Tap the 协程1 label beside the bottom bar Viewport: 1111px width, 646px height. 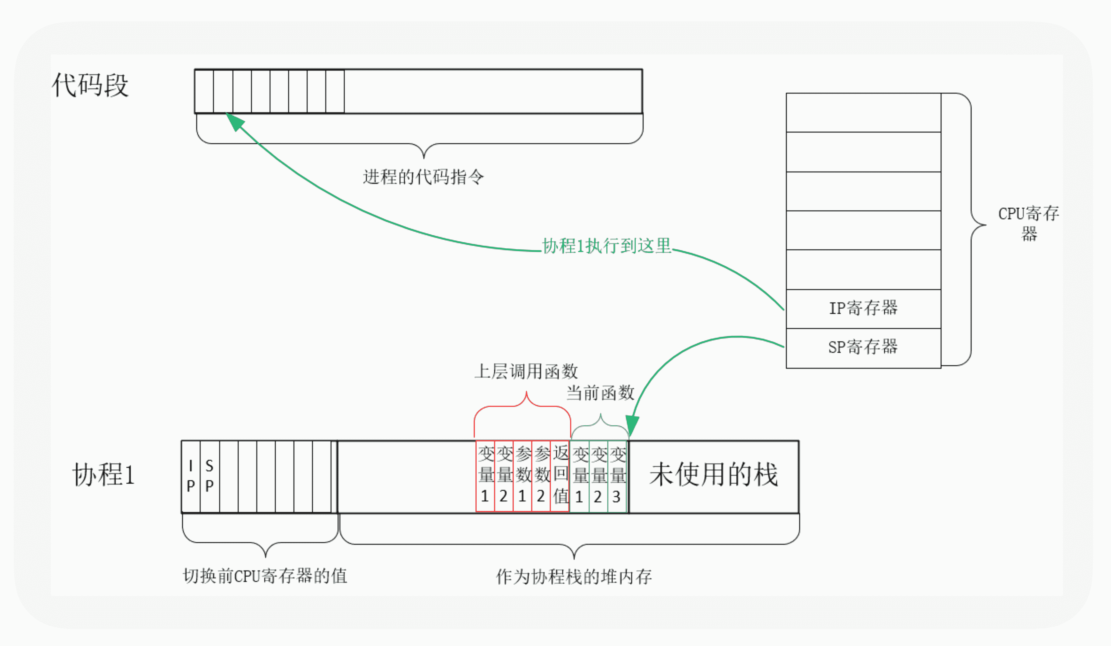click(104, 475)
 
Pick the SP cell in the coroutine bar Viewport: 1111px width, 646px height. click(209, 476)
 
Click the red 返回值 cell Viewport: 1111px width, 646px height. click(560, 475)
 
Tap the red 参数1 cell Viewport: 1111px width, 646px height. click(522, 475)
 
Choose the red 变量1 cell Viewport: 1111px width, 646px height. click(485, 475)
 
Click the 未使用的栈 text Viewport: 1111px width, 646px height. click(713, 475)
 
